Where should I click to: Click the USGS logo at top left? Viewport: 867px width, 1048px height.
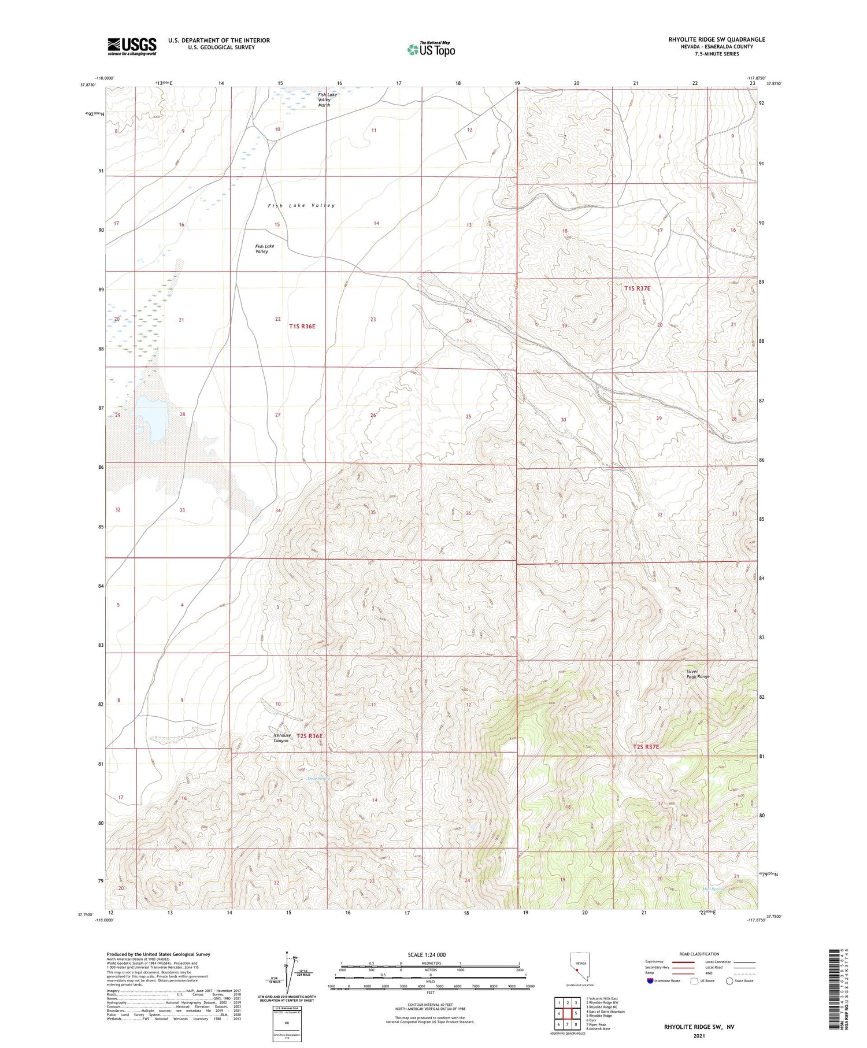tap(132, 46)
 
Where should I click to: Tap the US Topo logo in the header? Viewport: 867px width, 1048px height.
tap(431, 49)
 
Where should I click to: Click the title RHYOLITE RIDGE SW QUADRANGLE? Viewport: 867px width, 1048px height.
tap(716, 39)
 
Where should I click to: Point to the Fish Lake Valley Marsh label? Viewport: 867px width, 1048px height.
tap(326, 99)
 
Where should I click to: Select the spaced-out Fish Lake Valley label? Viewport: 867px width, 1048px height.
tap(301, 206)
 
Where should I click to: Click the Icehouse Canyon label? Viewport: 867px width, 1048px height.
tap(280, 738)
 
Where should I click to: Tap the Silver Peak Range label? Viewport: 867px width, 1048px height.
tap(697, 674)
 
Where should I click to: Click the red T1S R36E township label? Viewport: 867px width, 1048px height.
tap(302, 326)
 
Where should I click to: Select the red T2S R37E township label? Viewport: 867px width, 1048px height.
tap(645, 747)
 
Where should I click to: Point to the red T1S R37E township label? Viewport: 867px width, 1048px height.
tap(637, 288)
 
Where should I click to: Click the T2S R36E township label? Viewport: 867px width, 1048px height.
tap(309, 736)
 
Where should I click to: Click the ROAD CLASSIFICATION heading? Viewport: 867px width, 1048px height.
tap(699, 954)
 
